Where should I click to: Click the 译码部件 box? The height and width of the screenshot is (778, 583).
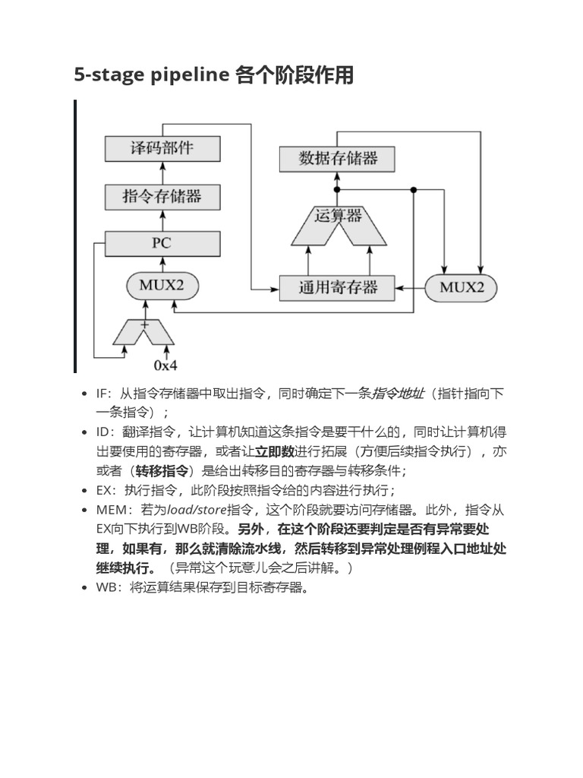[162, 148]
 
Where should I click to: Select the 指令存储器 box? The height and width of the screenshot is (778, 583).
[162, 197]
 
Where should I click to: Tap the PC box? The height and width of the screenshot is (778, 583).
[162, 244]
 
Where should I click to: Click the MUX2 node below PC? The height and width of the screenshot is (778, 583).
[162, 286]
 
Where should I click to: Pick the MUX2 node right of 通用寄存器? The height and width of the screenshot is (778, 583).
[462, 287]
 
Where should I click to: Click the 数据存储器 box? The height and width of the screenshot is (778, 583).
[338, 158]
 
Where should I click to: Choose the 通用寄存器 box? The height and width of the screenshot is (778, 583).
[338, 287]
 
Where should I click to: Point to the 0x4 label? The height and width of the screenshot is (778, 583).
[165, 365]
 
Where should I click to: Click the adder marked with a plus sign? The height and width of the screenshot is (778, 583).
[143, 330]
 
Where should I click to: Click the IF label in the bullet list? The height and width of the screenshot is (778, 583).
[102, 394]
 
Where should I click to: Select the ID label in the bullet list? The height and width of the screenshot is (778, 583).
[103, 432]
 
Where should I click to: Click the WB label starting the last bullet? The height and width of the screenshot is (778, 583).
[105, 587]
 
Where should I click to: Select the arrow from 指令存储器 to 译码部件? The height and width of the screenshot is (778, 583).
[162, 172]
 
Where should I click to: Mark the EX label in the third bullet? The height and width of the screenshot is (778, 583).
[103, 490]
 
